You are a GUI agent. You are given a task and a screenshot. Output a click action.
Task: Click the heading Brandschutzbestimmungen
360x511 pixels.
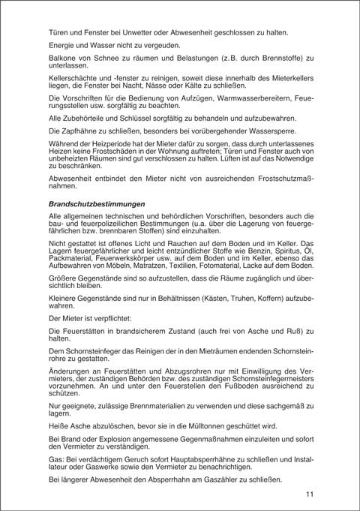(x=97, y=203)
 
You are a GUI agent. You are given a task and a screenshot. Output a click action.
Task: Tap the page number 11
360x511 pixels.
(x=310, y=494)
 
